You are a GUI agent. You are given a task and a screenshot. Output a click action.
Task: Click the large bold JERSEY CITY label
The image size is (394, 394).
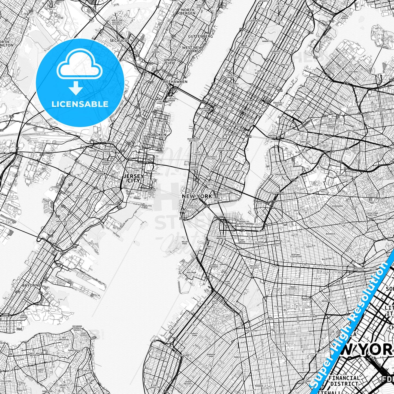tap(134, 178)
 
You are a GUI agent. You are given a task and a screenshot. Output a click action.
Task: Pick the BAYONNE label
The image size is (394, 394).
tap(31, 285)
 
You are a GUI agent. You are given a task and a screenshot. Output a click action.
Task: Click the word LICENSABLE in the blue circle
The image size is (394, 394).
tap(80, 104)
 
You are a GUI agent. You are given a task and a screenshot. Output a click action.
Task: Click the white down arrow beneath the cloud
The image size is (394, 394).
tap(76, 89)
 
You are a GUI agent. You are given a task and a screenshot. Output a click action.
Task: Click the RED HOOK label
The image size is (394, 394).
tap(191, 272)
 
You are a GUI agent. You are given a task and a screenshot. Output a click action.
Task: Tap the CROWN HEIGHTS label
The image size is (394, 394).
tap(292, 288)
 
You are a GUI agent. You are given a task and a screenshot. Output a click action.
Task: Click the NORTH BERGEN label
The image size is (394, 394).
tap(188, 11)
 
